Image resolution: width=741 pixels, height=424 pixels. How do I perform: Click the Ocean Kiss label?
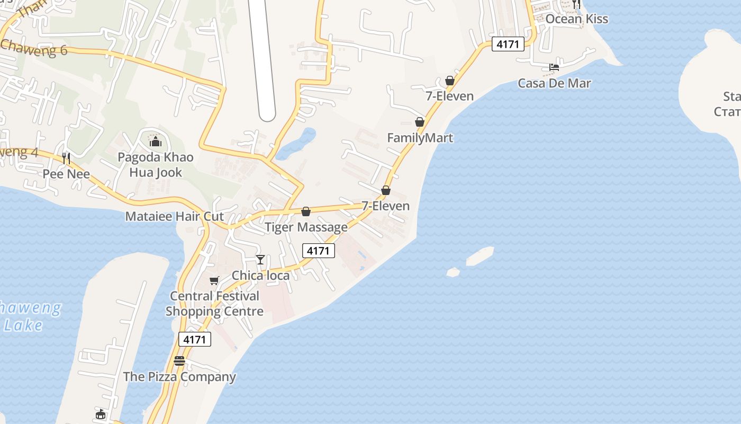576,19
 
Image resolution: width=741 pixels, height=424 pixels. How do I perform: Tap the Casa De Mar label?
554,83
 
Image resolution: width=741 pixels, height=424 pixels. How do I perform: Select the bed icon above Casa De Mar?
554,67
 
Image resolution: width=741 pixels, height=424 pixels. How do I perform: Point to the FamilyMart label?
420,138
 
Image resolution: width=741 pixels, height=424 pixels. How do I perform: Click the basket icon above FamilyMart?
420,122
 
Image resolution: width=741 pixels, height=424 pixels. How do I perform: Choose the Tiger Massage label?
306,227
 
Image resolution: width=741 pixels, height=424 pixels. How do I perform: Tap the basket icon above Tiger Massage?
306,212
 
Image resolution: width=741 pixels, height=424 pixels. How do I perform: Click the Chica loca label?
260,276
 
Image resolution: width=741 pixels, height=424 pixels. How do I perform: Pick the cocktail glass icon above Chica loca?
260,260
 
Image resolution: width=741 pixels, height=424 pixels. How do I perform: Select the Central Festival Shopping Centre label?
214,304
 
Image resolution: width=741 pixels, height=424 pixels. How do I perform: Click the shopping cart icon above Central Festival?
214,280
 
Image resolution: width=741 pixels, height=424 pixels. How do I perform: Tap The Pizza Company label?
179,377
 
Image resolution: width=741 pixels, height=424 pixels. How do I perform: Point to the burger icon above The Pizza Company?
179,361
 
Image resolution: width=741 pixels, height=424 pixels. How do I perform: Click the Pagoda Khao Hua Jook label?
156,165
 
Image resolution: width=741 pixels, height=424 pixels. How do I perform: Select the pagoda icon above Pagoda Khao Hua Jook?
156,142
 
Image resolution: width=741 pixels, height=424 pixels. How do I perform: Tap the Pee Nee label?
66,174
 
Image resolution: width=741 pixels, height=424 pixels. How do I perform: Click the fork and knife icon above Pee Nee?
66,158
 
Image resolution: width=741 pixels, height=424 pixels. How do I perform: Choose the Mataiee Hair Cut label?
174,216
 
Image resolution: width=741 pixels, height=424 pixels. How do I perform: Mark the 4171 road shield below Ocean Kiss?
508,44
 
